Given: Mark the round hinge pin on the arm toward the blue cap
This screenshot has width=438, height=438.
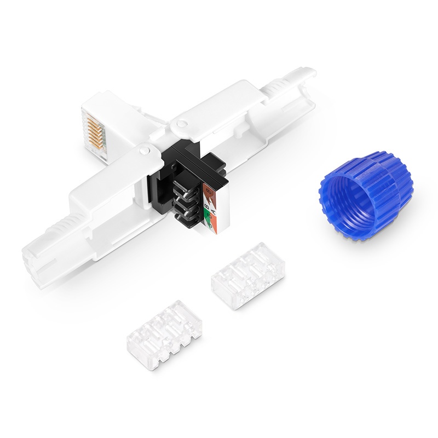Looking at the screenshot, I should (x=178, y=126).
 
